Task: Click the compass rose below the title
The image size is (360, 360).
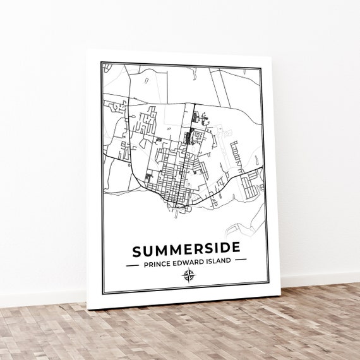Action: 188,275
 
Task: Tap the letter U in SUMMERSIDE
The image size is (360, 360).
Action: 148,251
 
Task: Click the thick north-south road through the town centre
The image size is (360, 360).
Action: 192,145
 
